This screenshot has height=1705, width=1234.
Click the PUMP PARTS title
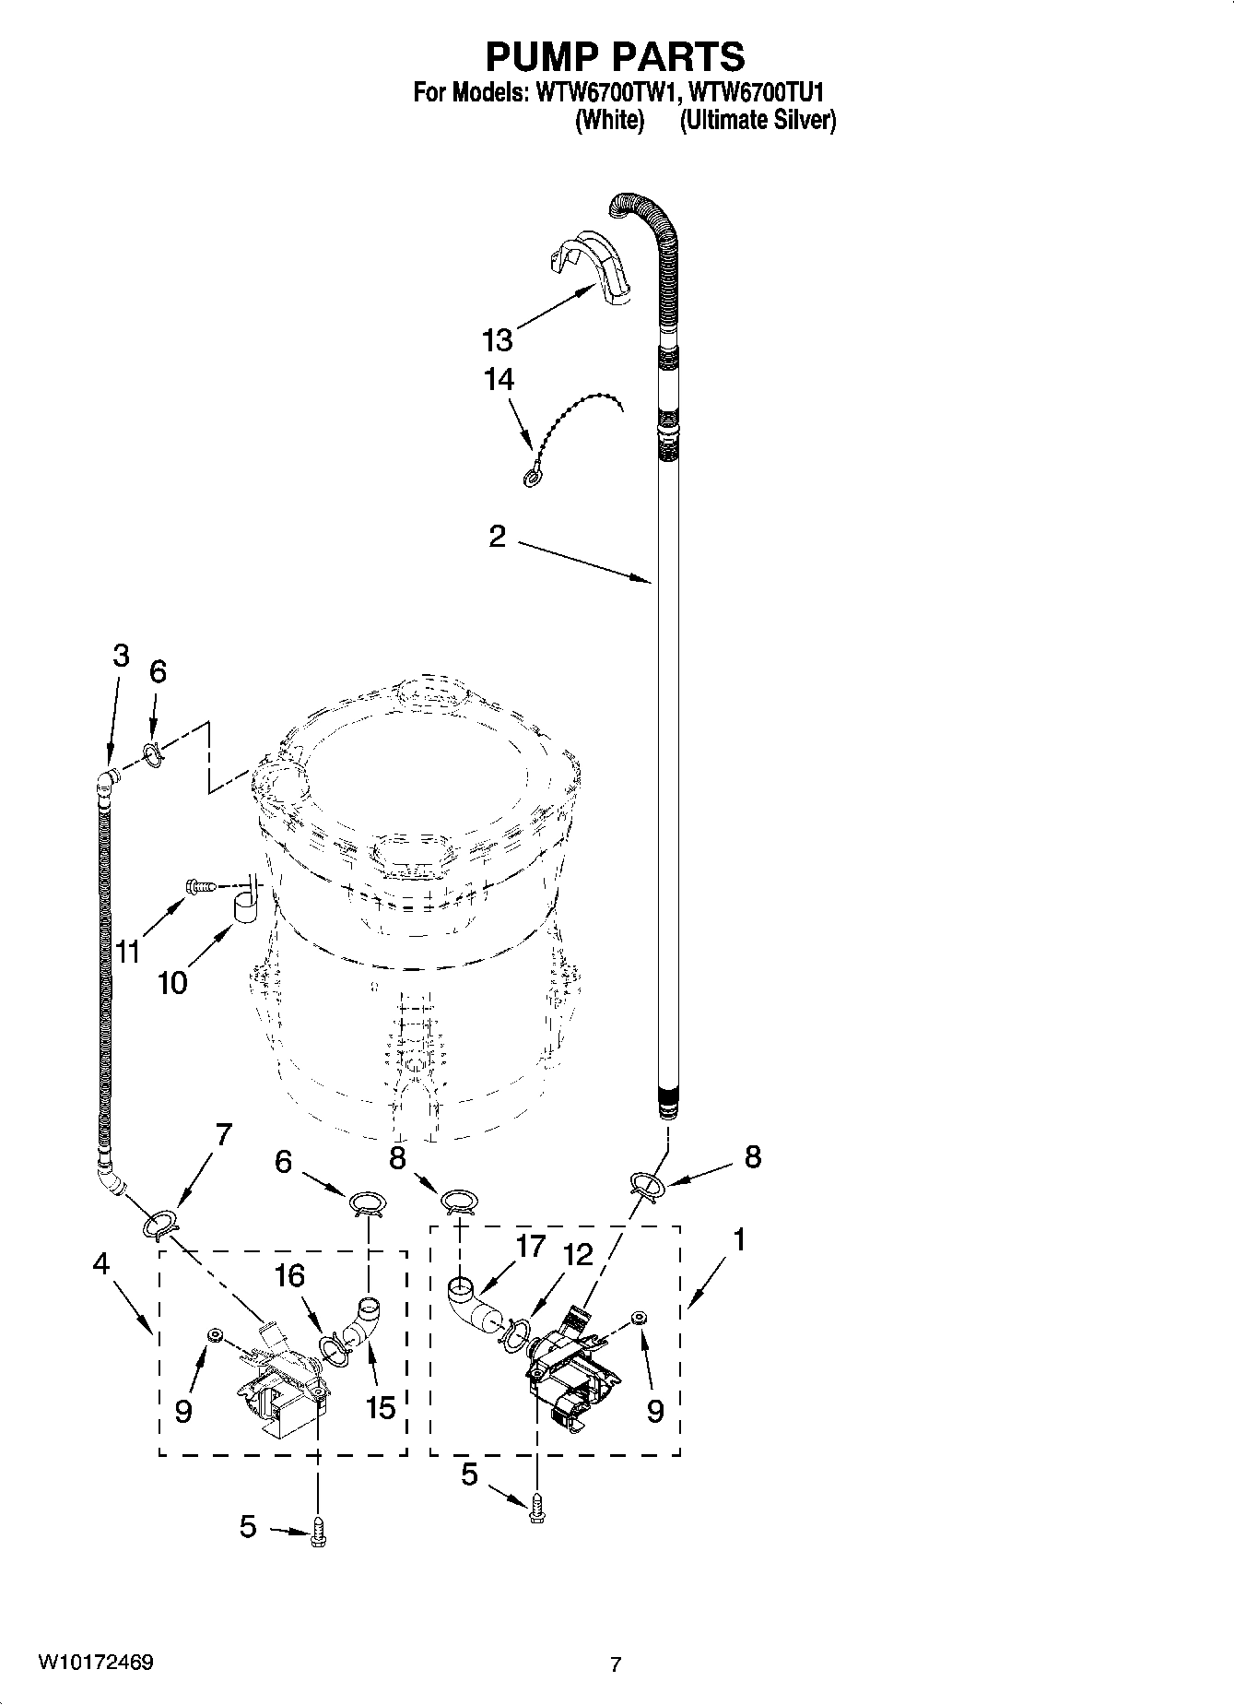[615, 57]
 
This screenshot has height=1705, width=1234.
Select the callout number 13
[497, 340]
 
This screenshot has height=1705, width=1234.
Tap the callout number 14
[499, 380]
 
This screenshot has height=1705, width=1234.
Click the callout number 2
[497, 537]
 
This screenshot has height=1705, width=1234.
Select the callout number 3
[121, 657]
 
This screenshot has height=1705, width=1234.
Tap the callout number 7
[223, 1133]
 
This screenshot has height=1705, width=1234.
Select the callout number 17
[531, 1247]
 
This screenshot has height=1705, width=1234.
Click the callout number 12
[578, 1255]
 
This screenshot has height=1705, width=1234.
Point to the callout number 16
[288, 1276]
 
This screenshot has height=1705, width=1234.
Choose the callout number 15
[380, 1408]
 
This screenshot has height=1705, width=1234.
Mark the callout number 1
[738, 1239]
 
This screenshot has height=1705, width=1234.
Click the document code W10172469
[95, 1664]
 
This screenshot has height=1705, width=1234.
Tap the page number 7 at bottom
[616, 1664]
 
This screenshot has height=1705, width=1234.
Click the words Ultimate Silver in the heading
[758, 120]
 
